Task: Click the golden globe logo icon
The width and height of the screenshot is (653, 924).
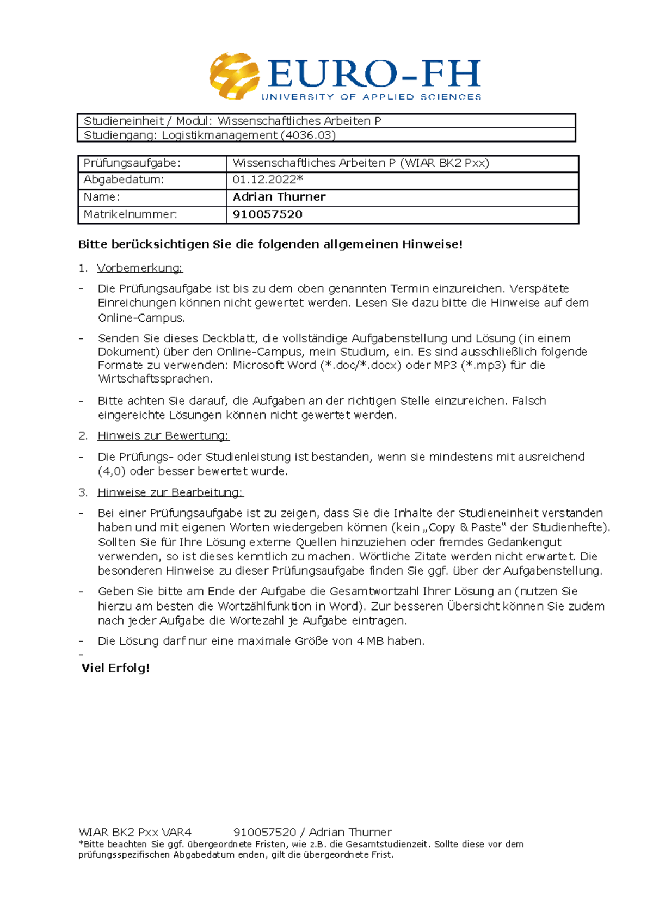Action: [x=234, y=76]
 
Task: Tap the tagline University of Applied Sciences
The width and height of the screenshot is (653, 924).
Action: [x=371, y=97]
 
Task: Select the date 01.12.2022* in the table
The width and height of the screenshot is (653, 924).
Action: [x=267, y=180]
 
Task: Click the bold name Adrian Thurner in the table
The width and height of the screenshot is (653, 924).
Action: [x=279, y=197]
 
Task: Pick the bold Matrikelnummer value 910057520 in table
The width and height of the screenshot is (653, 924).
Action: [x=267, y=214]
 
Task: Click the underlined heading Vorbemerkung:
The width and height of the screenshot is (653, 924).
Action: [x=140, y=268]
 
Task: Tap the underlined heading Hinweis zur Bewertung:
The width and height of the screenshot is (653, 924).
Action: [x=163, y=435]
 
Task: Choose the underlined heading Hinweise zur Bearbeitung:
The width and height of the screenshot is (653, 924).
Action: [x=170, y=492]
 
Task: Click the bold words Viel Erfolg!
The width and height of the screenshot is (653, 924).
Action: [x=115, y=668]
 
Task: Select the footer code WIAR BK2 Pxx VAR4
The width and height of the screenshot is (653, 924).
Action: [x=135, y=832]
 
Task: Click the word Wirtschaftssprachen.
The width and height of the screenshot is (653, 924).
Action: [x=155, y=379]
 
